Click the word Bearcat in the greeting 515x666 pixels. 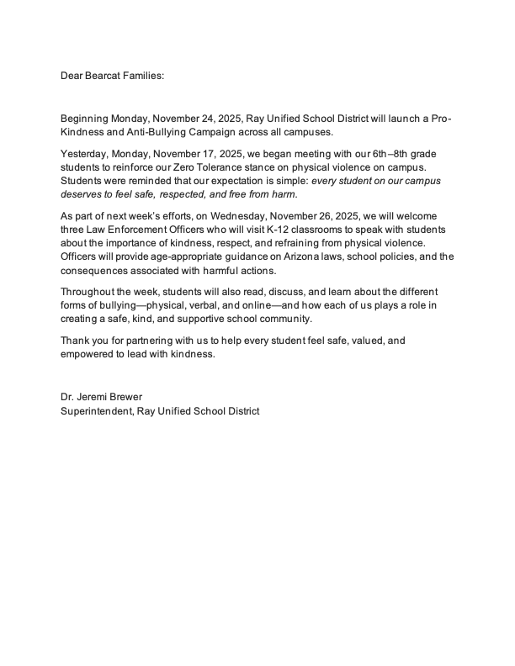(105, 76)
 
